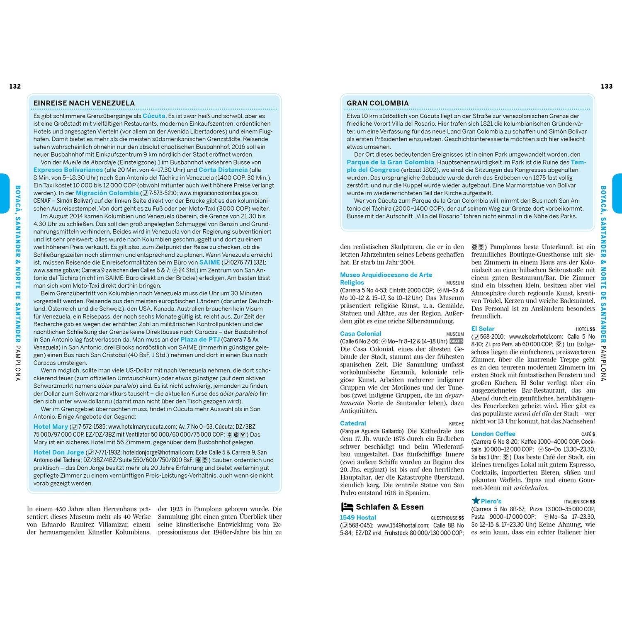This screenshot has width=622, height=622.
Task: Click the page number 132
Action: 15,86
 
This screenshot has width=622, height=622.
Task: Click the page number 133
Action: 606,86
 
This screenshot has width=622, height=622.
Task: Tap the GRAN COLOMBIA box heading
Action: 377,103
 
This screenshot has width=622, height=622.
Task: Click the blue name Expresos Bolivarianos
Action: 68,170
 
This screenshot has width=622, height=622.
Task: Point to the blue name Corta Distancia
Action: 223,170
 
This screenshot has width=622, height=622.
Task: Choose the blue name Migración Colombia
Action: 107,193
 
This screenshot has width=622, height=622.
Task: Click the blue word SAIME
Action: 209,262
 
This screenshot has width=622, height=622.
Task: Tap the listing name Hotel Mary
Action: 51,427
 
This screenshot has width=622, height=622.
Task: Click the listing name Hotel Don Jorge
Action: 58,452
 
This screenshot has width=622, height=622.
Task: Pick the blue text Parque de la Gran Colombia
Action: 390,162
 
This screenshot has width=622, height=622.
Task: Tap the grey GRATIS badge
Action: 457,341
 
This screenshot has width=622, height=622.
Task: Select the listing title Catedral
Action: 353,423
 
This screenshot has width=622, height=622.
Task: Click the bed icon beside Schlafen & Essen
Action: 347,507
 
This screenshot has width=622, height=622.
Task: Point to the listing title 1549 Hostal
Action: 358,518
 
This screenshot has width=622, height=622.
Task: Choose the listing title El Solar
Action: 483,329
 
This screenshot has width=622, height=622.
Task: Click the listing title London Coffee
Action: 493,434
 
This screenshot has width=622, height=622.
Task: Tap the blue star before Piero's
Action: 476,501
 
